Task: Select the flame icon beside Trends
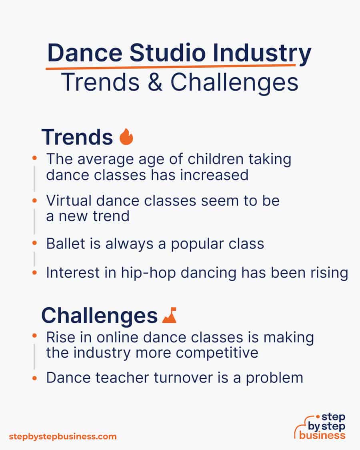[x=126, y=137]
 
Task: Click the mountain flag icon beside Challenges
[x=170, y=316]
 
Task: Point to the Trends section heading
[x=77, y=137]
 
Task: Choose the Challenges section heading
[x=99, y=316]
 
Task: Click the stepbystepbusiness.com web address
[x=62, y=436]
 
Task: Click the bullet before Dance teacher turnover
[x=36, y=378]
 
